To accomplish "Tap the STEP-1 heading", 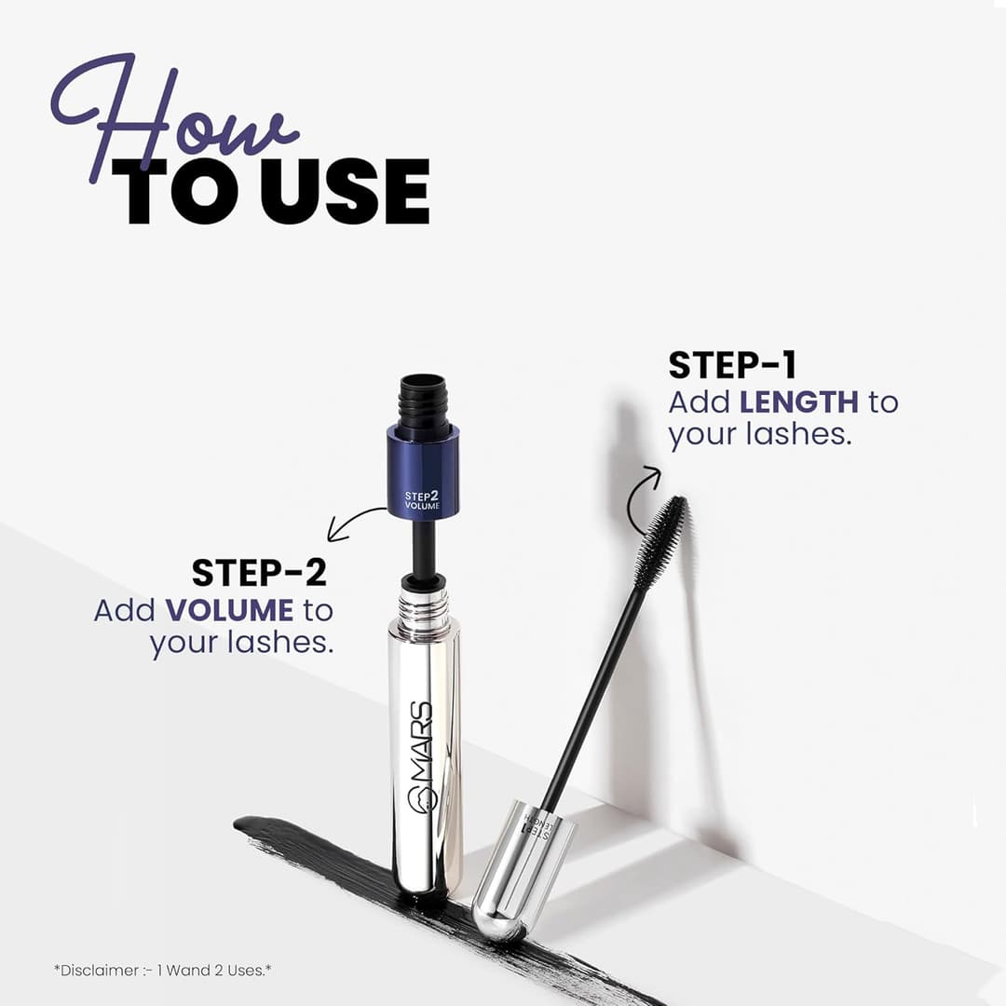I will (x=732, y=365).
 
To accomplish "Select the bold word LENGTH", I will (x=799, y=401).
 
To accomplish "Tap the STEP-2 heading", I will (x=259, y=572).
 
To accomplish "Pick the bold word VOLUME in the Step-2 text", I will (x=229, y=610).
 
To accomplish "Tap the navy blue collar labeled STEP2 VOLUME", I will (x=423, y=471).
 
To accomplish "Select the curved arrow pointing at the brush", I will (x=639, y=499).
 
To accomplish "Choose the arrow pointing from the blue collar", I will (x=354, y=523).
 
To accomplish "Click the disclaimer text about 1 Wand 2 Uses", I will (x=162, y=970).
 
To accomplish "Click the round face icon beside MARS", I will (x=420, y=800).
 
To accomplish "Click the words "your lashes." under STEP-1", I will (x=759, y=434).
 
